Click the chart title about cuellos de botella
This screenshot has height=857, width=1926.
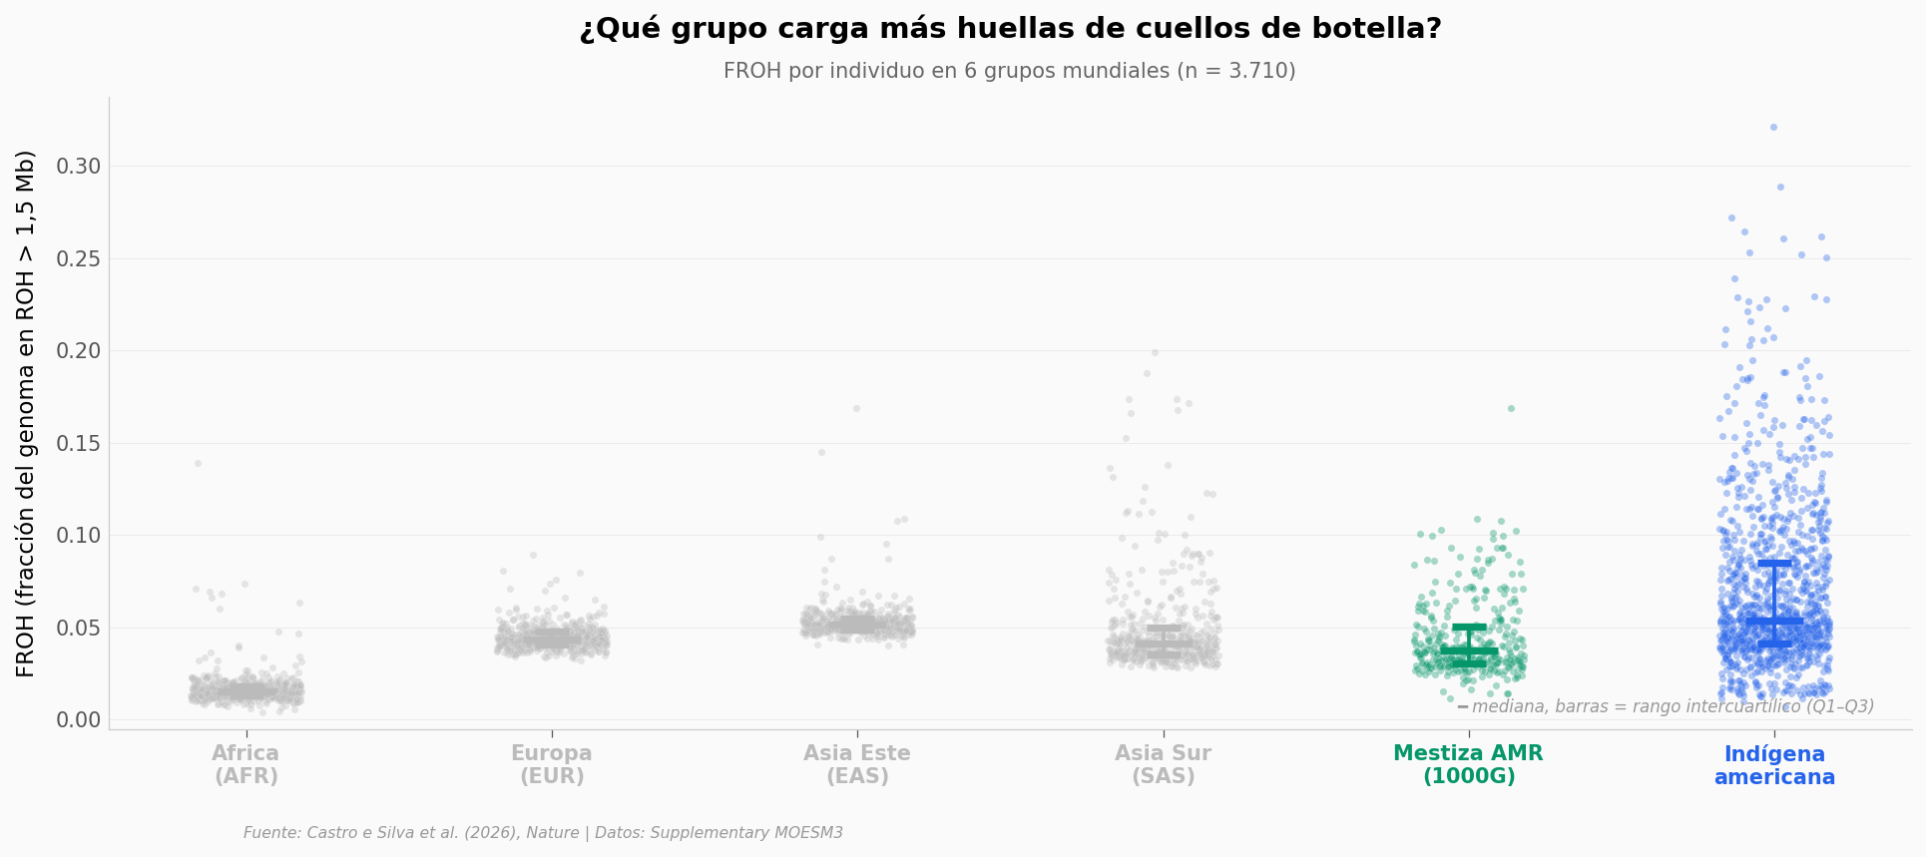1010,29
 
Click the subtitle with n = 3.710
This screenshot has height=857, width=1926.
1009,71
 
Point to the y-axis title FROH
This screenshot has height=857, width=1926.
26,413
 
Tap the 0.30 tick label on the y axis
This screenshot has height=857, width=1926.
79,167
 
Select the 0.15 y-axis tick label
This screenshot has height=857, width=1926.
79,443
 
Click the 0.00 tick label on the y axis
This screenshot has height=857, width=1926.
79,720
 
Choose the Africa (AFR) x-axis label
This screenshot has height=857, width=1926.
245,765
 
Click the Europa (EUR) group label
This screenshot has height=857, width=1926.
552,765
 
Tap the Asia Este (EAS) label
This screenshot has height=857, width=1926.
857,765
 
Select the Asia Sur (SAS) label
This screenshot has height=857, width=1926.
1163,765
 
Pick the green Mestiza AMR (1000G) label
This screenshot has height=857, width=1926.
1468,765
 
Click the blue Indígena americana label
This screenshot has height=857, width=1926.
1774,765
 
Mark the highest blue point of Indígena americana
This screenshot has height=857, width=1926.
1773,127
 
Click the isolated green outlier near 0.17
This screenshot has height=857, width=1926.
1511,408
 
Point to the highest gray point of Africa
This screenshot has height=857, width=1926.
198,463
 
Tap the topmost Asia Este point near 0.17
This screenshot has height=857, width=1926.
856,408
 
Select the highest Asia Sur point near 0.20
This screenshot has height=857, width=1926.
1155,352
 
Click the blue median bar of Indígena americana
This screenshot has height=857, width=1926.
1774,621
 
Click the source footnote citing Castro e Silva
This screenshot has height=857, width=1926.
543,833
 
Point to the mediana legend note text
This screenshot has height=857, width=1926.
1673,706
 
